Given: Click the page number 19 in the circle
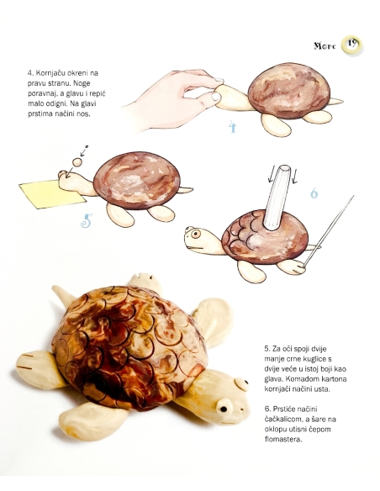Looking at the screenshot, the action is (x=352, y=44).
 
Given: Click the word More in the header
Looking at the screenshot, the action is (x=325, y=45).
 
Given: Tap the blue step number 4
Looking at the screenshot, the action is (x=233, y=126).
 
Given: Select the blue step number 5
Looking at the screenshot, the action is (x=87, y=220).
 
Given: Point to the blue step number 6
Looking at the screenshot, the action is (x=314, y=193).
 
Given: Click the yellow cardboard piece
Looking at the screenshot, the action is (x=51, y=194).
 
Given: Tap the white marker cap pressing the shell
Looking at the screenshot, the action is (x=277, y=198).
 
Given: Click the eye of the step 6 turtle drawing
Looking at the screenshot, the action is (x=196, y=234).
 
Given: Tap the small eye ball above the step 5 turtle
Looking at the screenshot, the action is (x=77, y=162).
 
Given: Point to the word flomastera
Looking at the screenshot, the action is (x=283, y=439).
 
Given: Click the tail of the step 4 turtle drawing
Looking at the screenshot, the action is (x=335, y=101).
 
